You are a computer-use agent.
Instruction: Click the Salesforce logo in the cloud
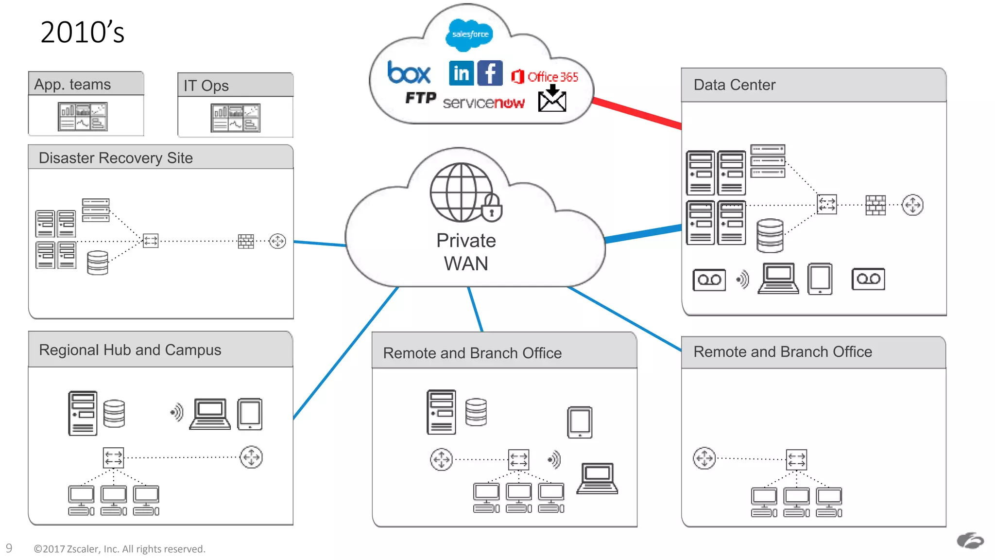(x=469, y=35)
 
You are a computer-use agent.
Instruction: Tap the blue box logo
(x=409, y=73)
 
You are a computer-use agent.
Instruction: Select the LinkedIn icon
(x=461, y=73)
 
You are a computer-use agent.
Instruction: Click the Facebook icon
(x=490, y=73)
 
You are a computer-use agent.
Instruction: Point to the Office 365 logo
(x=545, y=77)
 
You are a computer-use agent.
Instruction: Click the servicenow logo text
(x=483, y=103)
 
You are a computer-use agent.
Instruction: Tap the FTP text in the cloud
(x=421, y=98)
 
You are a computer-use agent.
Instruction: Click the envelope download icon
(x=552, y=99)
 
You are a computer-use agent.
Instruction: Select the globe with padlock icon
(x=465, y=193)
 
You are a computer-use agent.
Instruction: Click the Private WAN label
(x=466, y=252)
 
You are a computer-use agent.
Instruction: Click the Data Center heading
(x=734, y=85)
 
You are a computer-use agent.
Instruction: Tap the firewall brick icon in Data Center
(x=875, y=205)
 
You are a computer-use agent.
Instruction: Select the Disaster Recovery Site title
(x=116, y=158)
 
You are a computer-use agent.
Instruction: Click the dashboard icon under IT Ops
(x=236, y=118)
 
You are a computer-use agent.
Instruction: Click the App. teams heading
(x=72, y=85)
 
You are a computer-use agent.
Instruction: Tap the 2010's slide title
(x=82, y=33)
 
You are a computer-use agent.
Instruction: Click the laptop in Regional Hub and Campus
(x=210, y=414)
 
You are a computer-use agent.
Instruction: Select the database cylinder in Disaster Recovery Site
(x=97, y=262)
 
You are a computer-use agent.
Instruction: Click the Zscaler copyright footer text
(x=120, y=549)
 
